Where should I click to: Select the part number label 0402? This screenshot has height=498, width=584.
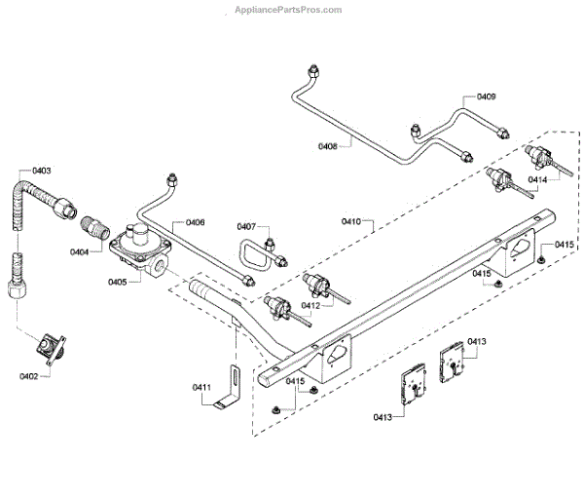point(30,375)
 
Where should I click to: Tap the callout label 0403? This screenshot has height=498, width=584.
point(42,172)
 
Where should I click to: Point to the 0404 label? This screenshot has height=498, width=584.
point(81,252)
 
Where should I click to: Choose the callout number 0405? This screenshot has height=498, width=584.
point(118,283)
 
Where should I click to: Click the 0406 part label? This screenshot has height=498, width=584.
point(194,223)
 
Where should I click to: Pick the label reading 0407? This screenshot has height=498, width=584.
point(246,227)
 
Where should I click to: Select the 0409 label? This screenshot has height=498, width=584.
point(486,96)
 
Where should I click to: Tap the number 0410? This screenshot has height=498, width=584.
point(351,222)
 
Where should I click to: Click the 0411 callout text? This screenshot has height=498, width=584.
point(201,388)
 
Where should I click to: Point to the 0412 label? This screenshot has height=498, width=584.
point(310,305)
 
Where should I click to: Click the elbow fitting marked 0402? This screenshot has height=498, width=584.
point(50,345)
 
